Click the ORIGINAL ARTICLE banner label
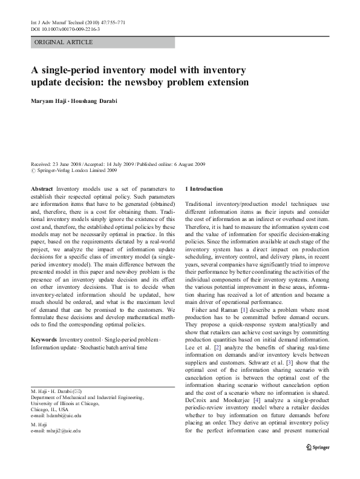click(x=64, y=42)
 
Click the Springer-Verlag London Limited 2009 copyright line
click(x=75, y=170)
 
